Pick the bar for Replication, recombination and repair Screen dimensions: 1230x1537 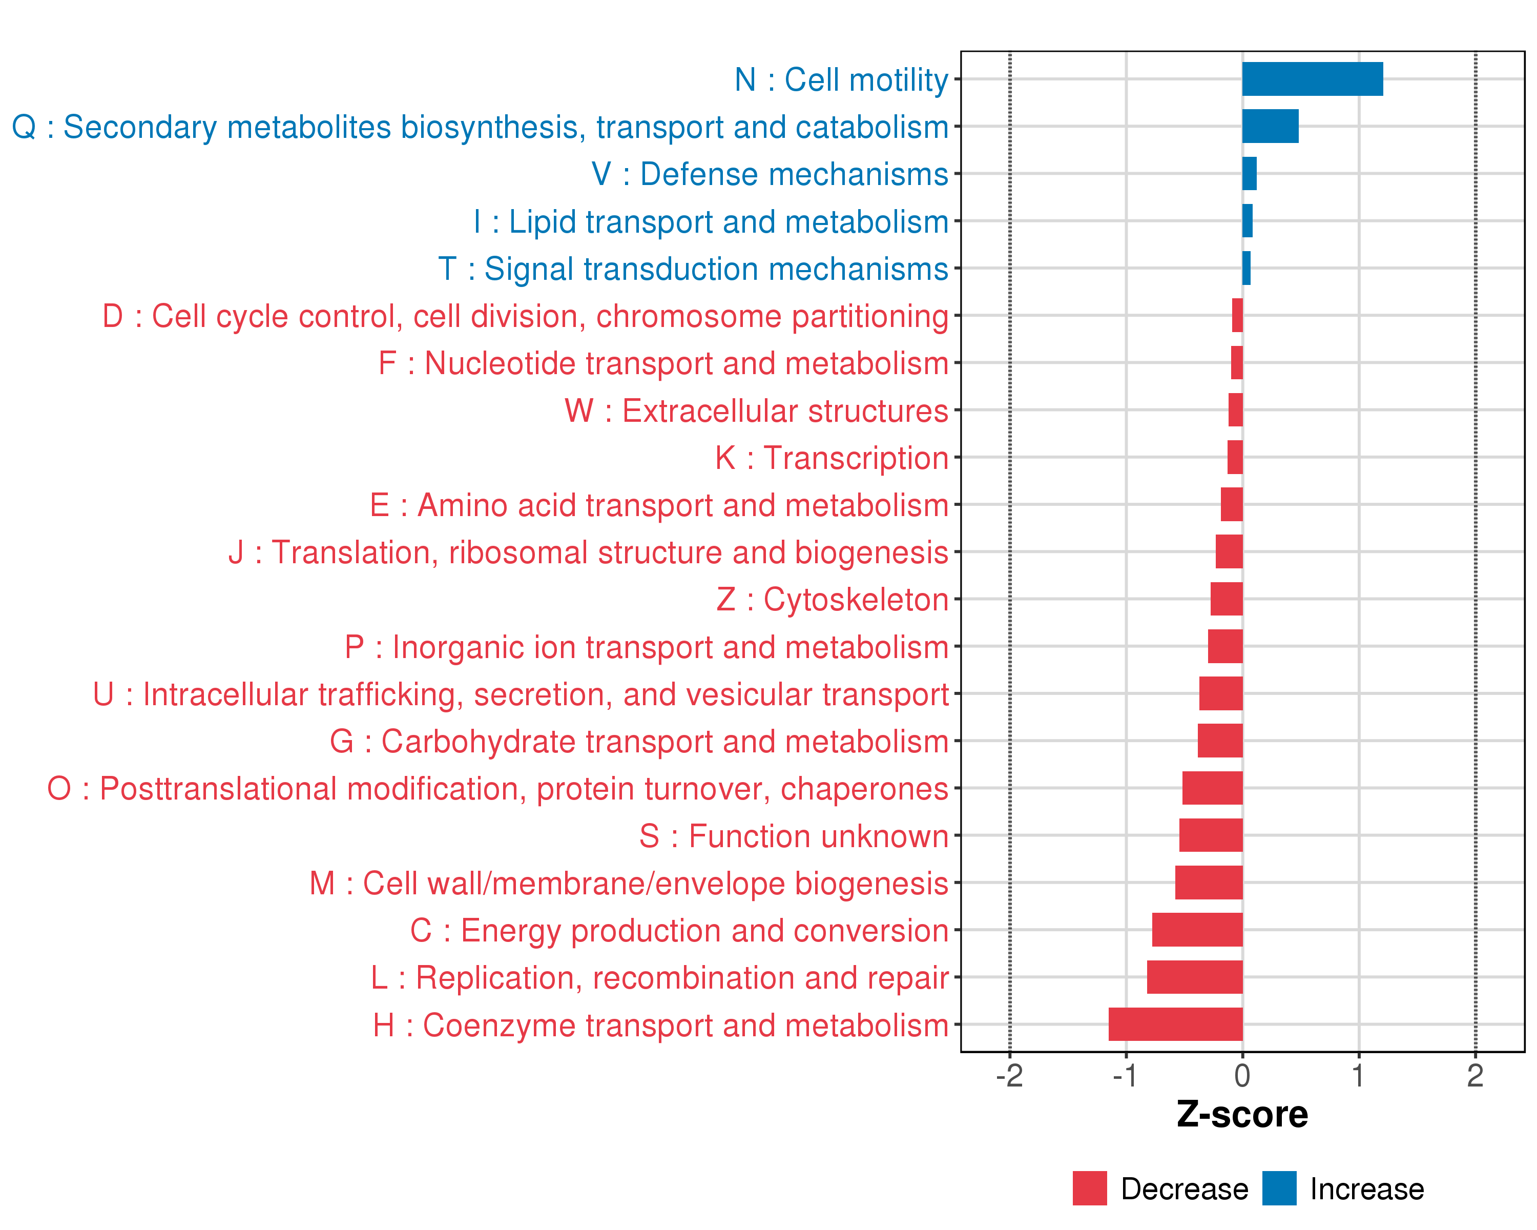[1194, 977]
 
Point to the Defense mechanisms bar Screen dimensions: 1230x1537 [1249, 174]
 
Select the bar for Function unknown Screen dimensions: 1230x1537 [1211, 835]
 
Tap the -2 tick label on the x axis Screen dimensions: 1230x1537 [1009, 1075]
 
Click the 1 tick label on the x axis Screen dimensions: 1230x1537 [1358, 1075]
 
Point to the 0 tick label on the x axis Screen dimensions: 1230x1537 [1242, 1075]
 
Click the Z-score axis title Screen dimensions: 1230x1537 [1242, 1115]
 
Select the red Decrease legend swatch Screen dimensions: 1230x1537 [1089, 1188]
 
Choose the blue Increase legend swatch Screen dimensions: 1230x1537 [1279, 1188]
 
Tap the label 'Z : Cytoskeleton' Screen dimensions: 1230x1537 [832, 600]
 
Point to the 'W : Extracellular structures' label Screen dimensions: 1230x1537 [756, 411]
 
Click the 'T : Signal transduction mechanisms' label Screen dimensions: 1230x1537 [693, 269]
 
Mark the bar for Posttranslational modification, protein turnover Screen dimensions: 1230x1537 [1212, 788]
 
